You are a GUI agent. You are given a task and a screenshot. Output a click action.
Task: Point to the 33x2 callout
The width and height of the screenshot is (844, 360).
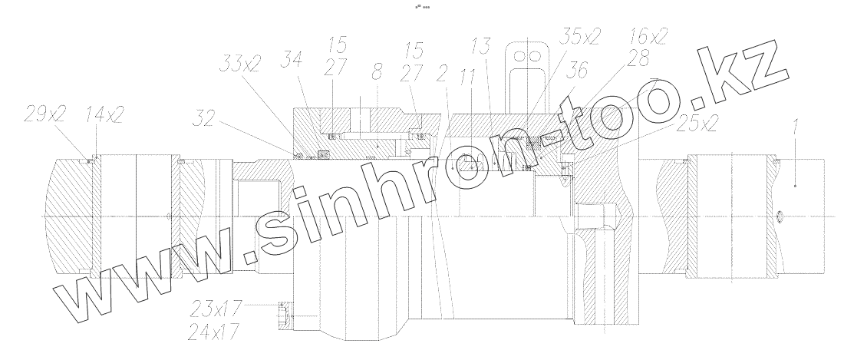pos(240,63)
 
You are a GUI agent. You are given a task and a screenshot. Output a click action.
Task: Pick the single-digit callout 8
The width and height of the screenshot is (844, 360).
pos(375,74)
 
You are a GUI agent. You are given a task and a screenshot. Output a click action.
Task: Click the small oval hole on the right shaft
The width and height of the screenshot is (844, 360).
pos(780,218)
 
